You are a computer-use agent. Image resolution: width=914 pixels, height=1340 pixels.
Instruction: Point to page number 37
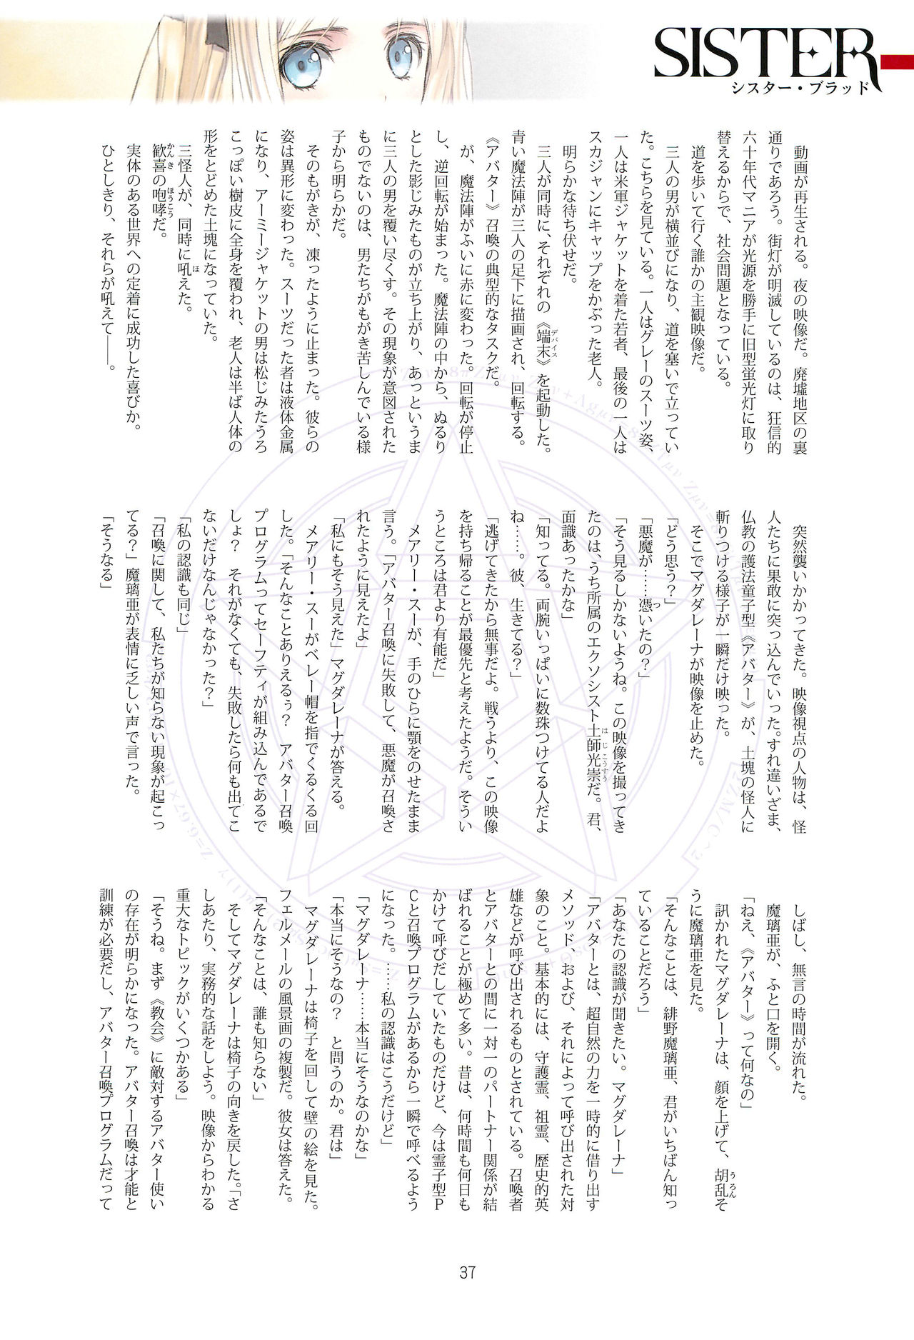[x=467, y=1272]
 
